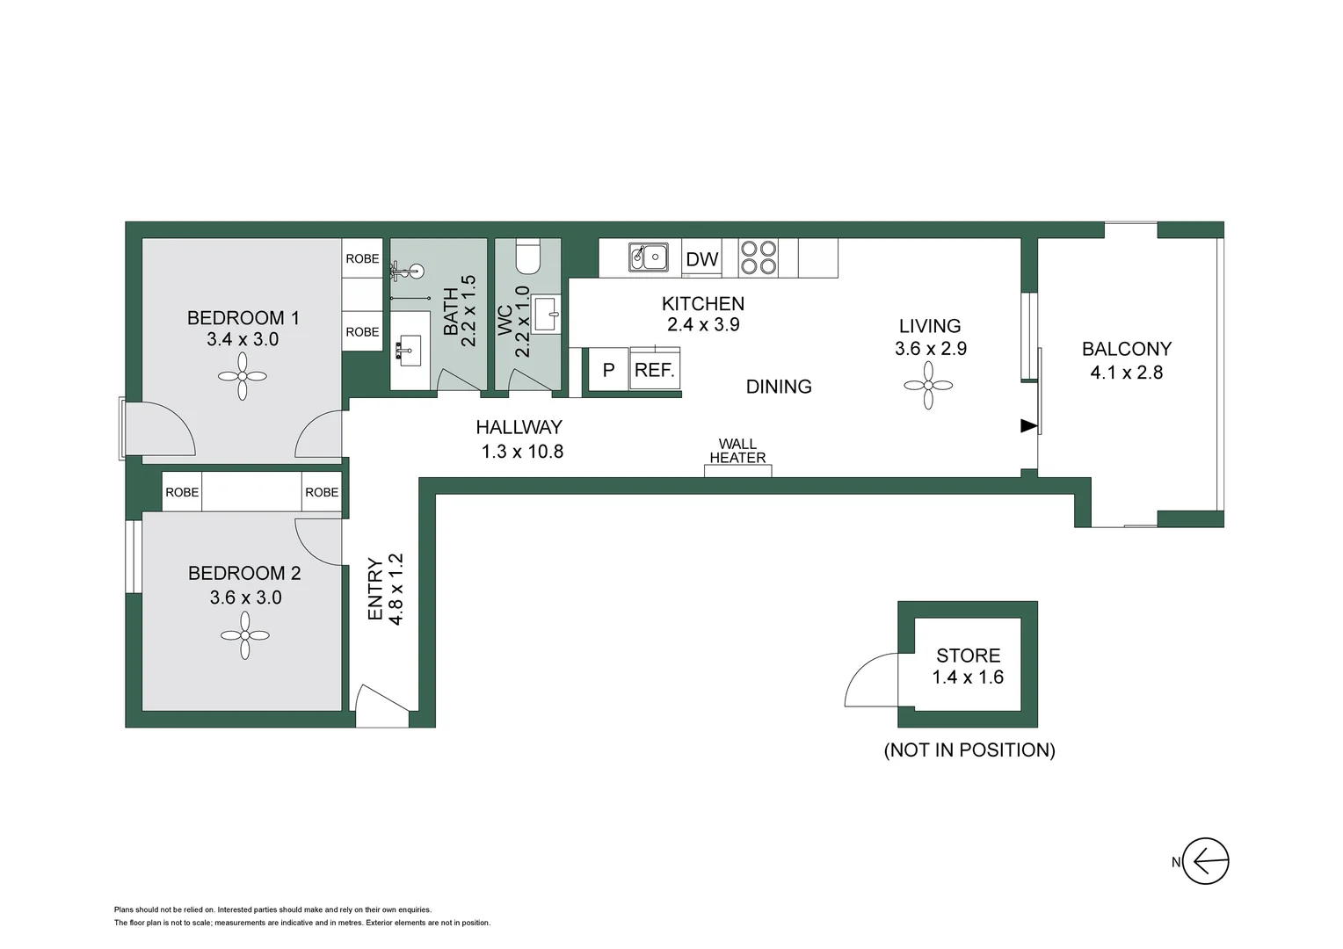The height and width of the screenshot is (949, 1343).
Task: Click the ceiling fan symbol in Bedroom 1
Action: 242,376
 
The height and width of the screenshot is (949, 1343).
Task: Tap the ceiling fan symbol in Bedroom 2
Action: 244,635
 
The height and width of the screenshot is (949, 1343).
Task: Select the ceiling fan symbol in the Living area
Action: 928,386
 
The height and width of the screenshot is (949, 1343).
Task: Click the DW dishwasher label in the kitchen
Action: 701,259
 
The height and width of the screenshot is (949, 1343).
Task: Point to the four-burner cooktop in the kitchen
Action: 759,257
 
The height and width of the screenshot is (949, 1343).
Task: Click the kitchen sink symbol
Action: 649,257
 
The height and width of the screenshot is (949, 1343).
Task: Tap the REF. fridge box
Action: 655,370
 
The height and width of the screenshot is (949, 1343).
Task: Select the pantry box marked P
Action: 608,370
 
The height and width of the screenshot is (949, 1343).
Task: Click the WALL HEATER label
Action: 737,451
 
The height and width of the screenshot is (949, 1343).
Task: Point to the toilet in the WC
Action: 528,256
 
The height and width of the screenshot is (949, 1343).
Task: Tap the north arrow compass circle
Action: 1205,861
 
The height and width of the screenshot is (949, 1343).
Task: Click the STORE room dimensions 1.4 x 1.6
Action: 968,677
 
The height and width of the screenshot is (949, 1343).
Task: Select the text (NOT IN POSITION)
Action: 969,750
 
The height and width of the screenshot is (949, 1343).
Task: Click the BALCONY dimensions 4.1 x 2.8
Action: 1126,373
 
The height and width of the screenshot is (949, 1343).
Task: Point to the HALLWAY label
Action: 519,427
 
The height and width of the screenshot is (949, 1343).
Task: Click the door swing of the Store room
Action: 868,680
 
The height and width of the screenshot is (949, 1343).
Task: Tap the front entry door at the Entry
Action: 383,706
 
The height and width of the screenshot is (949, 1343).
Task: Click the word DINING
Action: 779,387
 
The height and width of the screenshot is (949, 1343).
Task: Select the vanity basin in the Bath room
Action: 409,351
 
